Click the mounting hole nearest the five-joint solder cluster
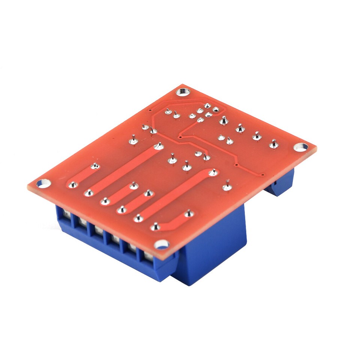(183, 91)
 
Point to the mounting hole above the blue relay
(162, 244)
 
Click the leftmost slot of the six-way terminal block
(66, 215)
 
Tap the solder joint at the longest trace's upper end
(159, 145)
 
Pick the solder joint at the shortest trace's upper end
(95, 165)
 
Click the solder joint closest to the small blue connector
(274, 144)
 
